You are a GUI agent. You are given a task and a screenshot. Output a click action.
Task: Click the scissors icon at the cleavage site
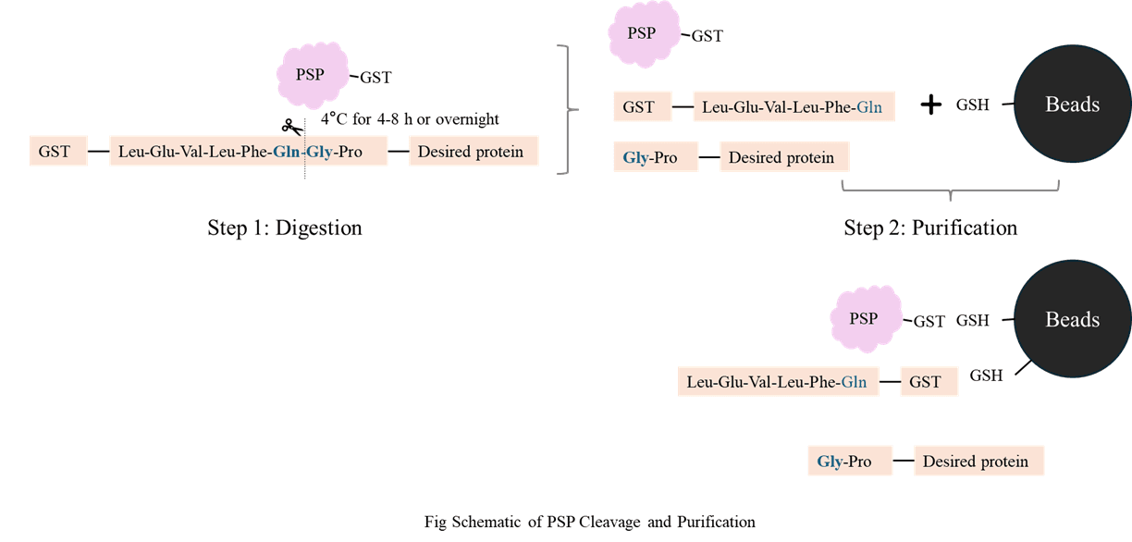(x=292, y=127)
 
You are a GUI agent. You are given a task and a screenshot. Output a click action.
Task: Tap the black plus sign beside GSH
(x=931, y=105)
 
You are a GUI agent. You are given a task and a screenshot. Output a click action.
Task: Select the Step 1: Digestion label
(x=285, y=228)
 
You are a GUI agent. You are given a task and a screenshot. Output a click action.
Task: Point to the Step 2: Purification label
(x=930, y=228)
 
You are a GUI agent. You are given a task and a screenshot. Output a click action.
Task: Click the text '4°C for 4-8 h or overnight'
(x=410, y=118)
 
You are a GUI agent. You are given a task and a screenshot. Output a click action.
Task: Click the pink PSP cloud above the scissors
(x=313, y=75)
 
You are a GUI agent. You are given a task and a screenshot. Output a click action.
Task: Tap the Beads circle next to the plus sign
(x=1073, y=104)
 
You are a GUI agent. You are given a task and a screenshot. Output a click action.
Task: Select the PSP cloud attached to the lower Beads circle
(x=867, y=318)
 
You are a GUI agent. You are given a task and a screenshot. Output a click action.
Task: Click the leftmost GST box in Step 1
(x=58, y=151)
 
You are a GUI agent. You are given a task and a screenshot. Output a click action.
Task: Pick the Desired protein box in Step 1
(x=474, y=151)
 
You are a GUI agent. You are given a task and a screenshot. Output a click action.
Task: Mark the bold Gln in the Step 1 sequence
(x=286, y=152)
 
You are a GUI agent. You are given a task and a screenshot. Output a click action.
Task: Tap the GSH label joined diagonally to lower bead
(x=986, y=376)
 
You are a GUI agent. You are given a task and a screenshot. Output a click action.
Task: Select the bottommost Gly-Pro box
(x=850, y=461)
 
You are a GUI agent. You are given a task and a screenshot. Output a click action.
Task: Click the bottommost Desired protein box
(x=978, y=461)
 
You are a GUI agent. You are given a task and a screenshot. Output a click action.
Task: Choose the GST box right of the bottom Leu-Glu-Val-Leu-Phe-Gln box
(x=929, y=381)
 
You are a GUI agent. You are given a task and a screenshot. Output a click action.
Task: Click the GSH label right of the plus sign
(x=972, y=105)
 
